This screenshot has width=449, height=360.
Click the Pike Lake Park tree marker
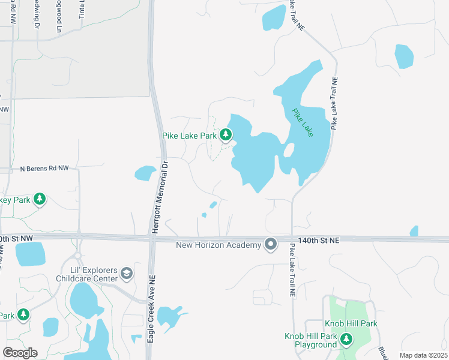tap(226, 135)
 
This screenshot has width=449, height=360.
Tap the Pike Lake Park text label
tap(189, 136)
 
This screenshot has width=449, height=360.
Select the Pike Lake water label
tap(303, 122)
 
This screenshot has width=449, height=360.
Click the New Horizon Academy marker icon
tap(271, 244)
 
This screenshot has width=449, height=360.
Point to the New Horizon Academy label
tap(218, 245)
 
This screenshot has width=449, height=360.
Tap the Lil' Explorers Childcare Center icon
tap(127, 274)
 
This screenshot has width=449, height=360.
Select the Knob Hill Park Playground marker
tap(346, 340)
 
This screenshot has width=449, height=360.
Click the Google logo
tap(20, 353)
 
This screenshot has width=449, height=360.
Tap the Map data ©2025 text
tap(423, 355)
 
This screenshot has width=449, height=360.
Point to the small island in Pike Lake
tap(289, 149)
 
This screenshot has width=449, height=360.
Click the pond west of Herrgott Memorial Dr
tap(145, 173)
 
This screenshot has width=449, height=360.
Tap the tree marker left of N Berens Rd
tap(40, 199)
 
